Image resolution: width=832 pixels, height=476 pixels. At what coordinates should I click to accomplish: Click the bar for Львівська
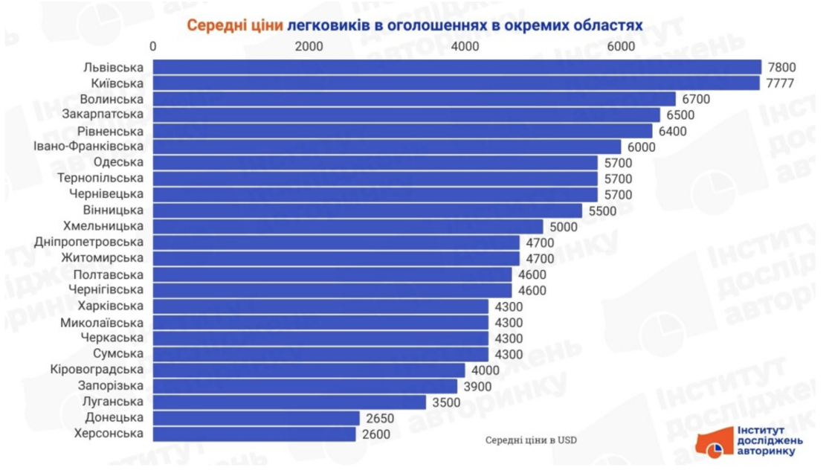point(457,67)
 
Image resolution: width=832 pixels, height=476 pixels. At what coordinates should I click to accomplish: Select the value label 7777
point(781,83)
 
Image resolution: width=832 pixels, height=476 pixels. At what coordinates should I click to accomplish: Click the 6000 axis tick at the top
point(621,46)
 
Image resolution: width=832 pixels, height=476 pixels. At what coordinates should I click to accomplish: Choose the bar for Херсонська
point(254,434)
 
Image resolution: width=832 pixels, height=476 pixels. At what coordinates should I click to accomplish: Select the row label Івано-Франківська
point(89,147)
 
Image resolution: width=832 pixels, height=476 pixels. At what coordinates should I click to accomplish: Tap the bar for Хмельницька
point(348,226)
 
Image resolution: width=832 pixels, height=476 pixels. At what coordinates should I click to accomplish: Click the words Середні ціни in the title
point(234,25)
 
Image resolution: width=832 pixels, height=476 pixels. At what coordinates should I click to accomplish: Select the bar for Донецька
point(257,418)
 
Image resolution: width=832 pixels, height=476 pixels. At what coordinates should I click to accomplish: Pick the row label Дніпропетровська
point(89,242)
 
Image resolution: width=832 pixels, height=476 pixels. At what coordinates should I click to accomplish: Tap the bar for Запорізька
point(305,386)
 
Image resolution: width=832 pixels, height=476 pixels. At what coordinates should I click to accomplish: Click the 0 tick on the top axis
point(153,46)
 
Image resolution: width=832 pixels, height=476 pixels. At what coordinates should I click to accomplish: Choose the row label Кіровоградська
point(96,370)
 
